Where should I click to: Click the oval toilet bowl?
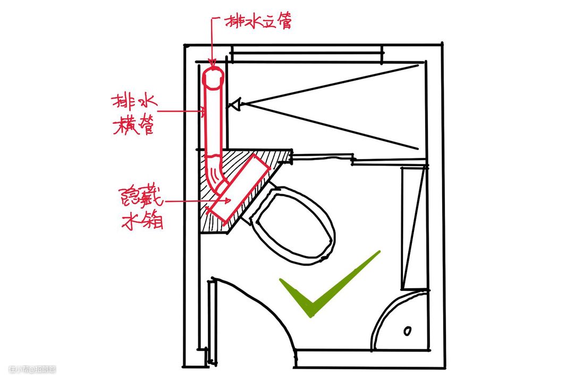295,224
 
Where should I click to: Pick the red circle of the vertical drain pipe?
214,79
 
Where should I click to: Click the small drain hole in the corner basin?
407,330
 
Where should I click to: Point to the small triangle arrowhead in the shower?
234,104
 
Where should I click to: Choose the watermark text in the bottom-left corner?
32,369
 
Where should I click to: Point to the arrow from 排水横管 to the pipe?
181,111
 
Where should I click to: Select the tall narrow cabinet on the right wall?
413,227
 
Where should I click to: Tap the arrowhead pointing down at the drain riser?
213,63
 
